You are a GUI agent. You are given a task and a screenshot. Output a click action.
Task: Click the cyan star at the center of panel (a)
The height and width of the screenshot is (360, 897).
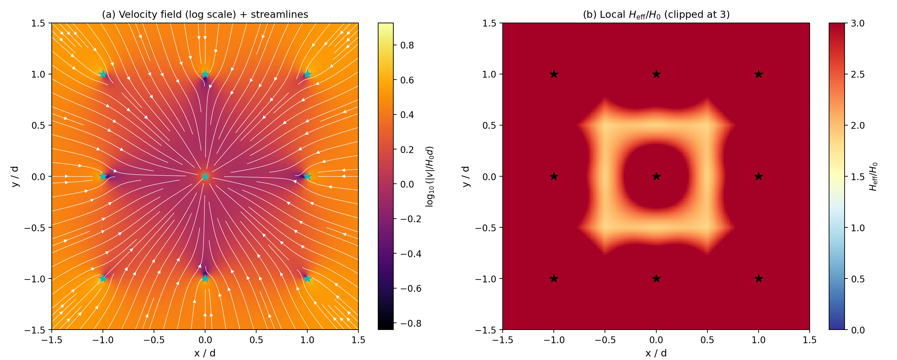(205, 177)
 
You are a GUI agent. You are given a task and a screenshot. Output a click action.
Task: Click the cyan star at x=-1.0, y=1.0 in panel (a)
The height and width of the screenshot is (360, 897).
(103, 74)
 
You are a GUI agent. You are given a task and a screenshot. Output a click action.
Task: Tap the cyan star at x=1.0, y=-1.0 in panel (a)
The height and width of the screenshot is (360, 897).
(307, 278)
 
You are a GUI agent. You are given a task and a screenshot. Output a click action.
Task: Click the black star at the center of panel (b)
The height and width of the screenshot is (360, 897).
(656, 177)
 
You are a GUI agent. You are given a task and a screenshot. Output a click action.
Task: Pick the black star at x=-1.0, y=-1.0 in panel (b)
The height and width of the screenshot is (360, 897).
(554, 278)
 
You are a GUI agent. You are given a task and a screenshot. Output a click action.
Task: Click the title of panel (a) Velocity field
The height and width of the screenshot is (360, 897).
(205, 14)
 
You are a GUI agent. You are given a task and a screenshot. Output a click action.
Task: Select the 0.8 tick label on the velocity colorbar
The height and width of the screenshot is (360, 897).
(407, 45)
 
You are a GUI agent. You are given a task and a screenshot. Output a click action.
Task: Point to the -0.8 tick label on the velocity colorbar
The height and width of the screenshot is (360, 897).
(410, 323)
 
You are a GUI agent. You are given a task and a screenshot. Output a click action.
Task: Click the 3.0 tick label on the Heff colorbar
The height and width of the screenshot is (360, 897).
(858, 23)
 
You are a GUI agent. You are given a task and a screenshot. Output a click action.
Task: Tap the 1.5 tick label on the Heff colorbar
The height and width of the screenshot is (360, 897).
(858, 177)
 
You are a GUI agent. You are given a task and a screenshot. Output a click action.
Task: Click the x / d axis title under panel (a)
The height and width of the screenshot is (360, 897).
(205, 353)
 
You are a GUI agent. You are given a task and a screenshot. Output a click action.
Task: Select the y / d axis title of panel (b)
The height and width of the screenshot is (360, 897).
(465, 177)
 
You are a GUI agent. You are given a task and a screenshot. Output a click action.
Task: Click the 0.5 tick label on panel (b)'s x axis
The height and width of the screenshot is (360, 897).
(707, 340)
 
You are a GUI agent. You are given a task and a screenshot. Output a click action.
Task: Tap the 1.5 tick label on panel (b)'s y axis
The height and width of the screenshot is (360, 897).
(489, 23)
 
